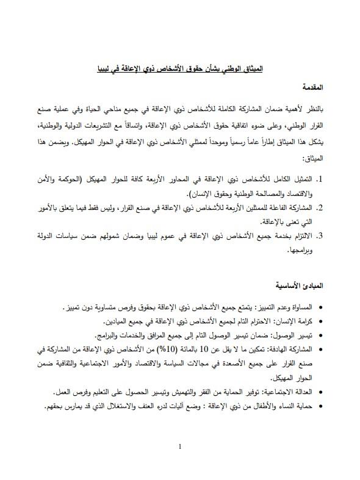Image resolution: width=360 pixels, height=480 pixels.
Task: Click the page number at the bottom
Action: pyautogui.click(x=180, y=446)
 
